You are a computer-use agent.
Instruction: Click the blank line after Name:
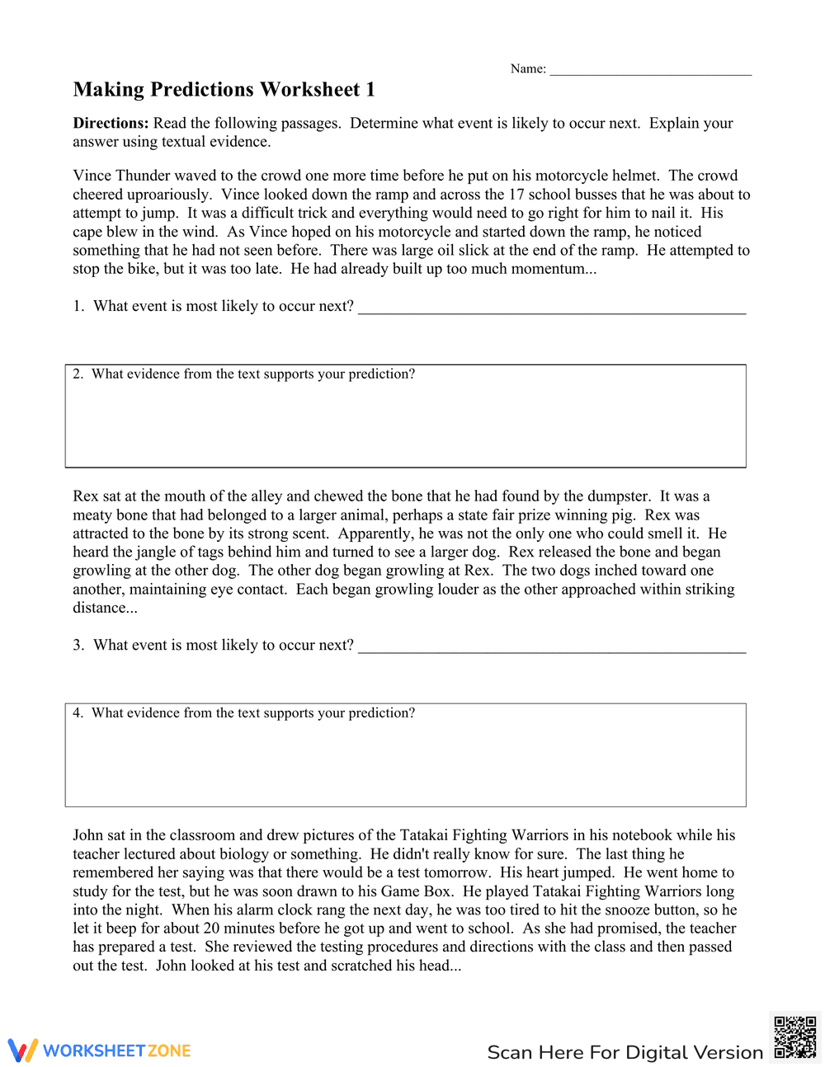pyautogui.click(x=650, y=71)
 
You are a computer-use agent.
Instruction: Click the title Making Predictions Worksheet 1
pyautogui.click(x=224, y=90)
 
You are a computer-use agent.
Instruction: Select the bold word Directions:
pyautogui.click(x=111, y=124)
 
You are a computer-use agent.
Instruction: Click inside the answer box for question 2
pyautogui.click(x=405, y=425)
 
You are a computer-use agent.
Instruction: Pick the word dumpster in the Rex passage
pyautogui.click(x=617, y=496)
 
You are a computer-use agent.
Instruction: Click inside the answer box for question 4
pyautogui.click(x=405, y=764)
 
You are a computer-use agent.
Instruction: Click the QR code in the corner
pyautogui.click(x=795, y=1037)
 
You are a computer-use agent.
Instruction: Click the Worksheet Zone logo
pyautogui.click(x=100, y=1051)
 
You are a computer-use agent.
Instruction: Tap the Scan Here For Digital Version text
pyautogui.click(x=625, y=1053)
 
